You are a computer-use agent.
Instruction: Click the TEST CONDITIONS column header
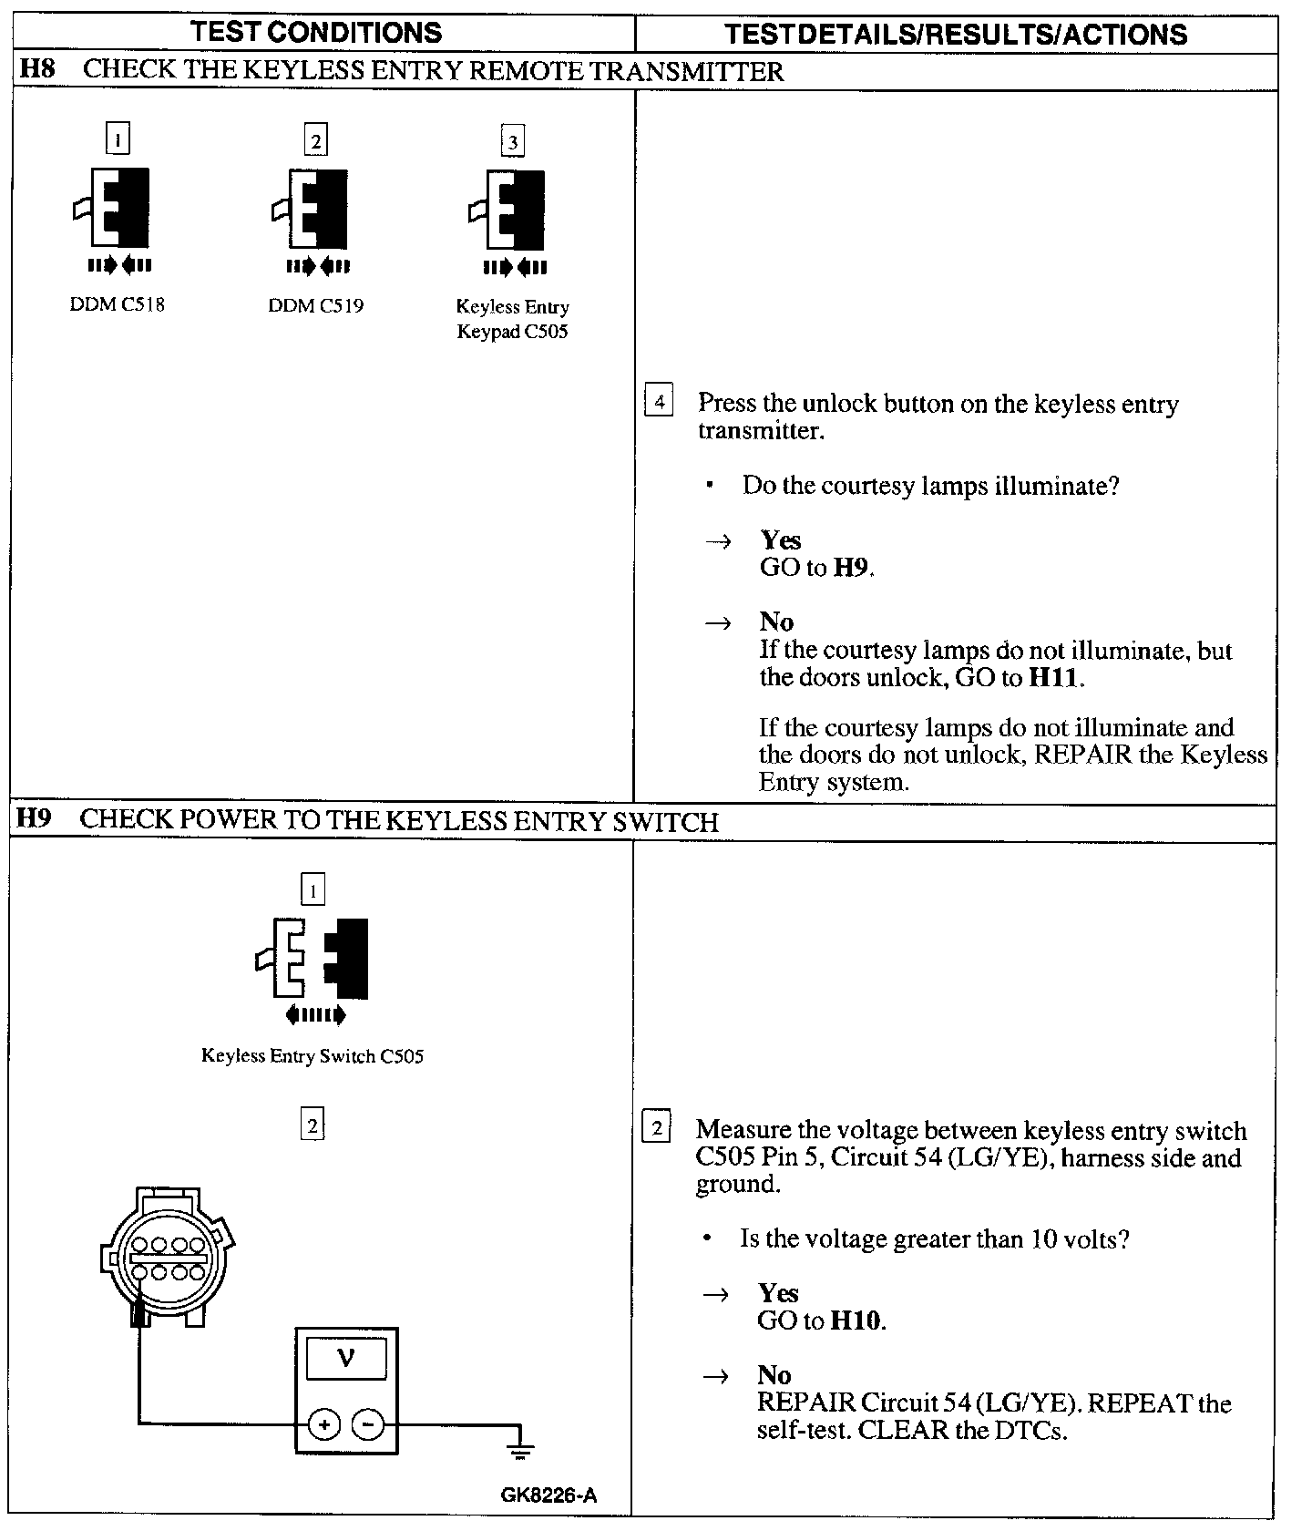point(316,33)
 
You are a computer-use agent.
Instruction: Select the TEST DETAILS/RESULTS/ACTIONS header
point(956,35)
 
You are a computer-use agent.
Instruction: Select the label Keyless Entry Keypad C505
point(512,319)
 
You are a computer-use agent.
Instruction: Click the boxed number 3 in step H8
point(513,141)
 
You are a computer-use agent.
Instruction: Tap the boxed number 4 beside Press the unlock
point(659,401)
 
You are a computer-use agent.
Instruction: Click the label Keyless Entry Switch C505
point(313,1056)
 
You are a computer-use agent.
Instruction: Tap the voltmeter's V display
point(346,1360)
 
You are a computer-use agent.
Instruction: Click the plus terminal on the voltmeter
point(324,1423)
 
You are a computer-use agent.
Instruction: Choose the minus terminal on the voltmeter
point(368,1423)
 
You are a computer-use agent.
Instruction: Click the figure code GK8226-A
point(548,1495)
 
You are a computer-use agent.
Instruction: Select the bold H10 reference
point(856,1320)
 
